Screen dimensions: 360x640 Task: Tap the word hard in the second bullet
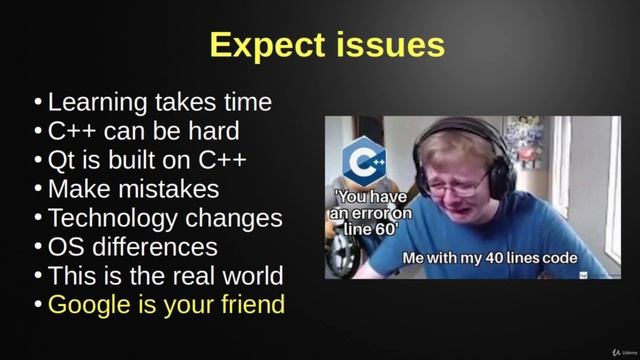[x=213, y=131]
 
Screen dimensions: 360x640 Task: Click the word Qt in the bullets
[x=61, y=160]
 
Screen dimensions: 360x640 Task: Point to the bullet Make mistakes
[x=133, y=188]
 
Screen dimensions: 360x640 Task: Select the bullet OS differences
[x=133, y=246]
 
